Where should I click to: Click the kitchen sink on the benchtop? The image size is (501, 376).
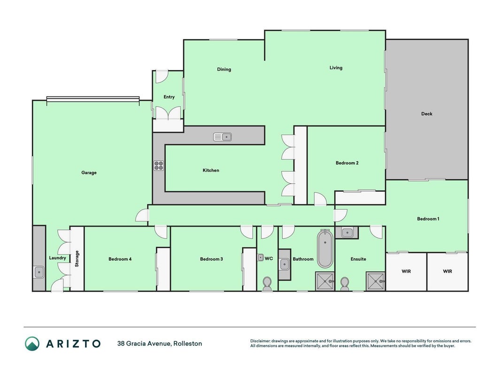tap(223, 137)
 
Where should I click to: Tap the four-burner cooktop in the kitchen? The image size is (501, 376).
tap(159, 165)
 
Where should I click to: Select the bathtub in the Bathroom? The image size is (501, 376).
tap(325, 249)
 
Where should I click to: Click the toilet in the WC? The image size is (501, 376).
tap(267, 283)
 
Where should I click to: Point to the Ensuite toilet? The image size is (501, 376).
tap(345, 283)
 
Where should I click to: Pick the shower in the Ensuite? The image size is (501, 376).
tap(375, 281)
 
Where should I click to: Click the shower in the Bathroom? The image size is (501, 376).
tap(324, 281)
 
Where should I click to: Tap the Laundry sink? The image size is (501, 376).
tap(39, 273)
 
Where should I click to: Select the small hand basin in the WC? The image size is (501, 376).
tap(261, 258)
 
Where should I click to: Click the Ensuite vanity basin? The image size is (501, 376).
tap(347, 233)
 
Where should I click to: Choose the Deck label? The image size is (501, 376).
tap(426, 114)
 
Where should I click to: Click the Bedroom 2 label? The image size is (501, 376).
tap(347, 163)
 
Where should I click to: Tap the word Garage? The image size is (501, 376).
tap(89, 172)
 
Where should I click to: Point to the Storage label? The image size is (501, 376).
tap(77, 258)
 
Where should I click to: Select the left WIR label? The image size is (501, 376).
tap(406, 272)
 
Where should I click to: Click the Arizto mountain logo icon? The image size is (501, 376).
tap(32, 344)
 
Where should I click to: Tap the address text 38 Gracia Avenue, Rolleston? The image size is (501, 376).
tap(160, 344)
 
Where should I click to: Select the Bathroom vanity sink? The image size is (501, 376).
tap(284, 265)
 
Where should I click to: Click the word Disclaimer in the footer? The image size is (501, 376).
tap(260, 341)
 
